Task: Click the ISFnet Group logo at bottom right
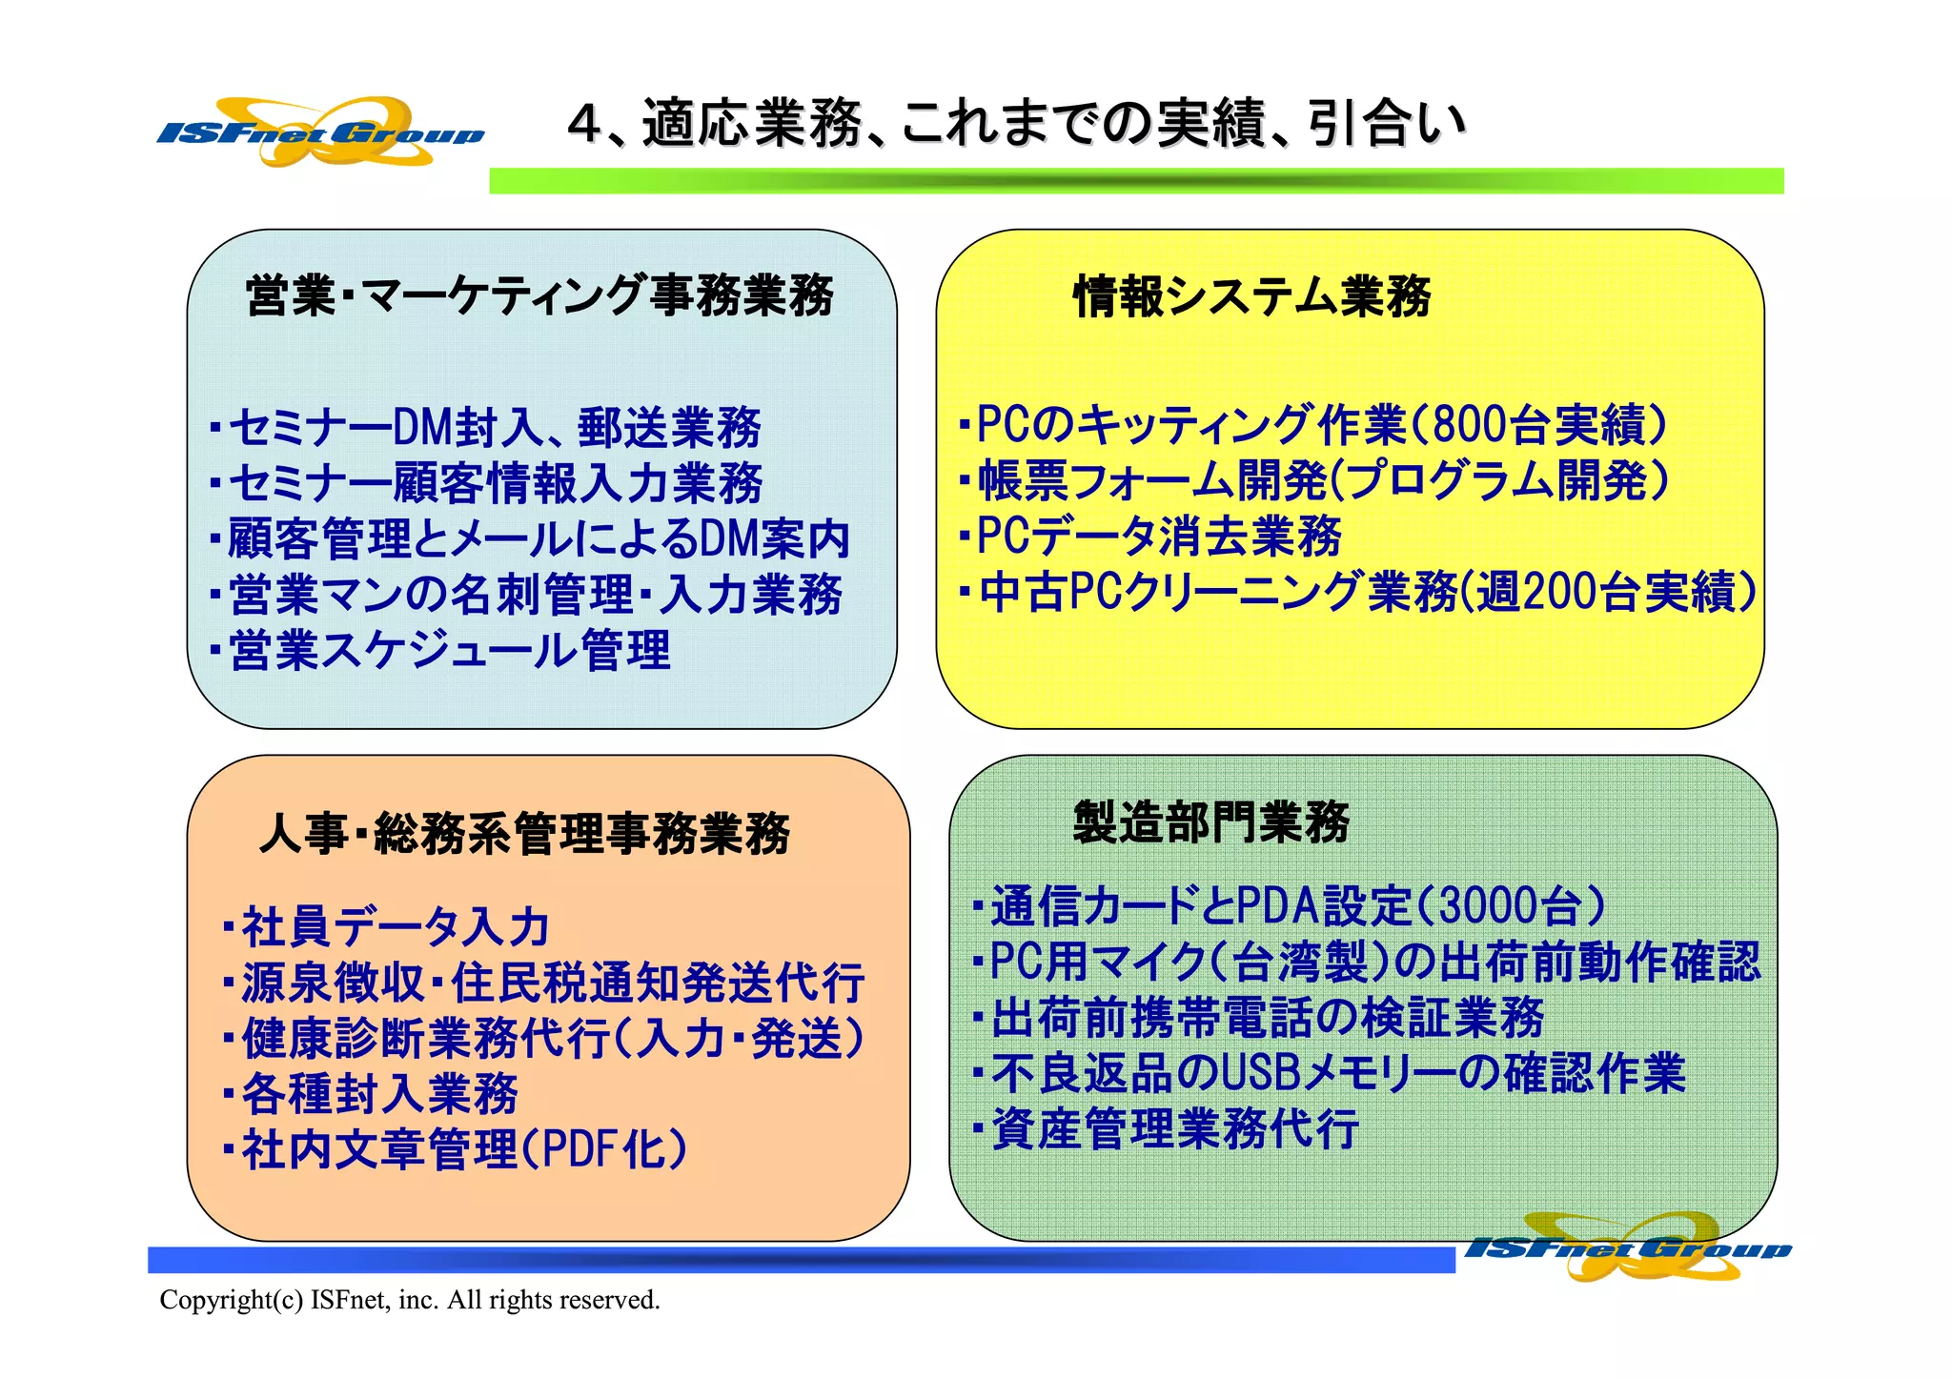click(1628, 1247)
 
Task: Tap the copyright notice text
click(409, 1300)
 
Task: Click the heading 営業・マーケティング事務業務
click(539, 295)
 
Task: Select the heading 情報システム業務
click(1251, 296)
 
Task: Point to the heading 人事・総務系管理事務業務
click(525, 834)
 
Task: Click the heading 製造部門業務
click(1210, 822)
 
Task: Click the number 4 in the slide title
click(584, 124)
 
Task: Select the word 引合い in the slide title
click(1388, 124)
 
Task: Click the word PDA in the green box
click(1277, 906)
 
